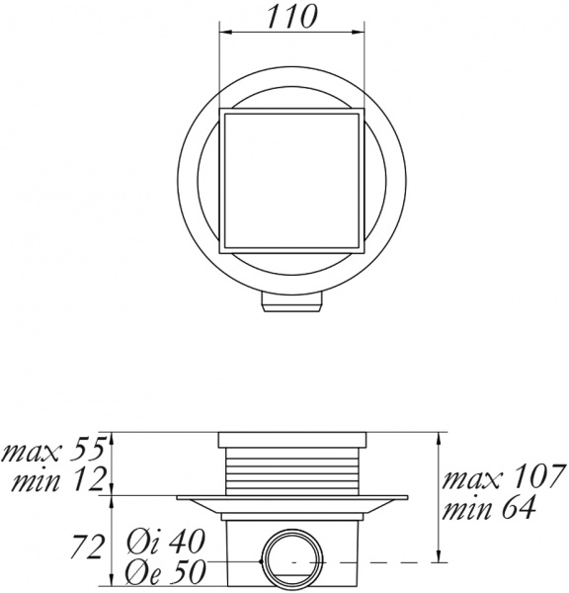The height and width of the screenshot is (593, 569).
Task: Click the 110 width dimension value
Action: [x=293, y=18]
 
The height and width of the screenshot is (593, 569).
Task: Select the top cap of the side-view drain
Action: [x=292, y=440]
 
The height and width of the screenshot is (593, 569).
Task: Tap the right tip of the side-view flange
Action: [x=405, y=496]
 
